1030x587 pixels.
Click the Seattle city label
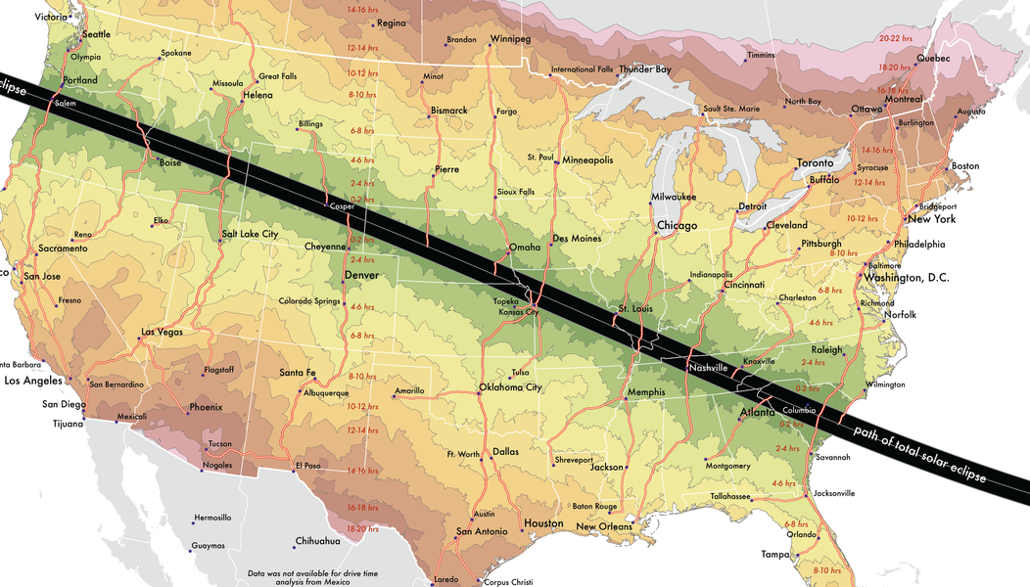[x=97, y=34]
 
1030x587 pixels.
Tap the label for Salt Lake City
[x=250, y=235]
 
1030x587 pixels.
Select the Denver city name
[x=361, y=276]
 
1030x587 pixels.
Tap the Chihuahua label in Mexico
[x=317, y=541]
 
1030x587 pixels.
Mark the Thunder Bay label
[x=644, y=69]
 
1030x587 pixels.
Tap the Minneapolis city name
[x=587, y=159]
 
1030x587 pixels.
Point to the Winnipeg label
[x=510, y=39]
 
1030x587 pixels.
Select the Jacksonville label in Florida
[x=834, y=493]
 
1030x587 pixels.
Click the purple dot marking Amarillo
[x=393, y=396]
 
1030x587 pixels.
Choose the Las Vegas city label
[x=163, y=332]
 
